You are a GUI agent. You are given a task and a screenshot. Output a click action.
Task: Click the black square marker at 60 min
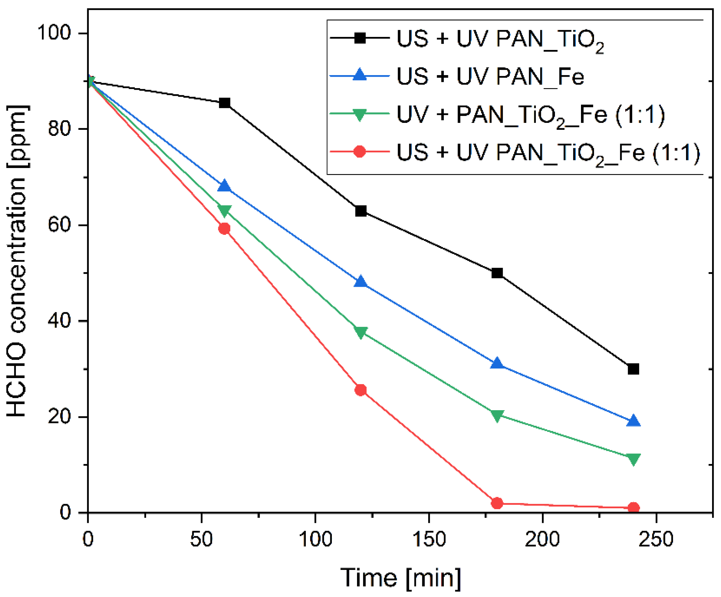tap(224, 103)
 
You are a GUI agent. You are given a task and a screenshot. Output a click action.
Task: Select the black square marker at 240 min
tap(633, 369)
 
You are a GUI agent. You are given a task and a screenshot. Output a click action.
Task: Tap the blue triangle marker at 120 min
tap(360, 282)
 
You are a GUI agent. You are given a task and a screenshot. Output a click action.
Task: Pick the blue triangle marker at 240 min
tap(633, 421)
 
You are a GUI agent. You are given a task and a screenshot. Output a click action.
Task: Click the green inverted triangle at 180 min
tap(497, 415)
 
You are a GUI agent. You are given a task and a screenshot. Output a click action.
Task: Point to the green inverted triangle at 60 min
tap(224, 211)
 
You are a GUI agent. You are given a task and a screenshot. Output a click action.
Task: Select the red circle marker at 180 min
tap(497, 503)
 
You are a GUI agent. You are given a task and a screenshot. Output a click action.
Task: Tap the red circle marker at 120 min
tap(360, 390)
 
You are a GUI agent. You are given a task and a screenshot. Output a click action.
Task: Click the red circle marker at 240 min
tap(633, 508)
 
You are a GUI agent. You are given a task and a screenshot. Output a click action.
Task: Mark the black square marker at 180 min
tap(497, 273)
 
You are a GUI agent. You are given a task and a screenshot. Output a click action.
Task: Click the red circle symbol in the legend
tap(360, 151)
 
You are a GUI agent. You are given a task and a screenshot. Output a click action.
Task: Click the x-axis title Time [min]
tap(400, 578)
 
